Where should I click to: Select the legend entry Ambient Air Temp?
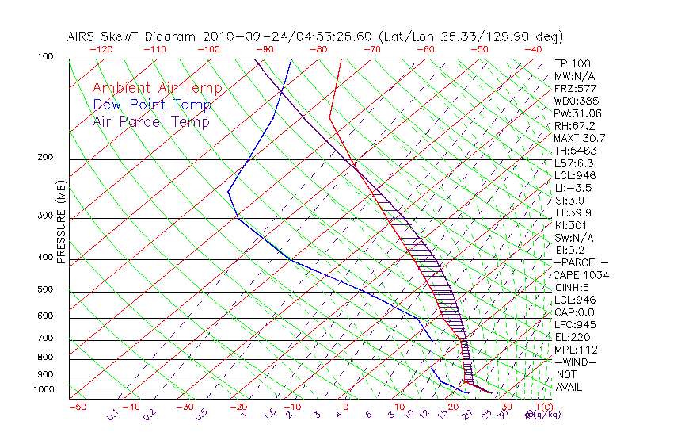pyautogui.click(x=157, y=88)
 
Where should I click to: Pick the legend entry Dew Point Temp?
pyautogui.click(x=152, y=105)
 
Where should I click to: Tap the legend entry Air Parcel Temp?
pyautogui.click(x=150, y=121)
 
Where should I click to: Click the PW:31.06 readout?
pyautogui.click(x=577, y=113)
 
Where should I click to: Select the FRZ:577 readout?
pyautogui.click(x=575, y=88)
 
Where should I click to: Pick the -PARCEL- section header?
pyautogui.click(x=581, y=262)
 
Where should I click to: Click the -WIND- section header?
pyautogui.click(x=575, y=362)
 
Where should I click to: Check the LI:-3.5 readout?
pyautogui.click(x=573, y=188)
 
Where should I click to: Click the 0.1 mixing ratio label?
pyautogui.click(x=112, y=414)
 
